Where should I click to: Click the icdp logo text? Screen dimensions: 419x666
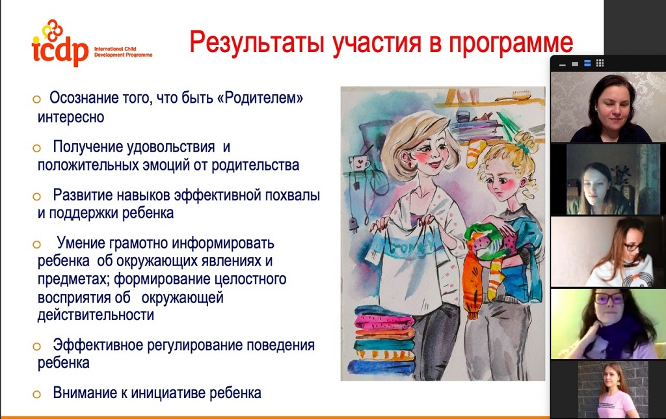pos(59,51)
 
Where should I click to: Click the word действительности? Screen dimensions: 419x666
pos(96,315)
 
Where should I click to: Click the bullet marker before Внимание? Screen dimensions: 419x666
pos(36,394)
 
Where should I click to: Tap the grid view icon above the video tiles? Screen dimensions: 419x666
pos(600,63)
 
